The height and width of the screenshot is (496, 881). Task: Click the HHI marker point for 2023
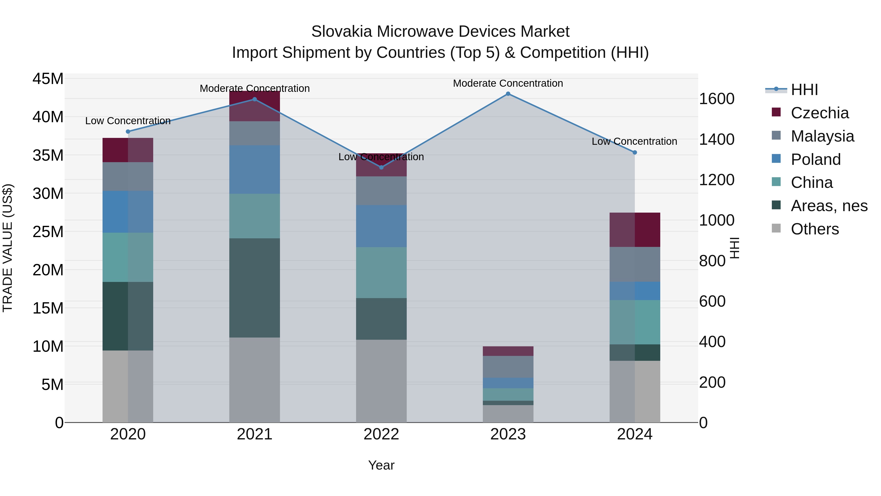click(508, 94)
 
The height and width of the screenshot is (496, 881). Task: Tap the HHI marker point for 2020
click(128, 132)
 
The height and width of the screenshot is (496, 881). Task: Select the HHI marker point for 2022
click(381, 167)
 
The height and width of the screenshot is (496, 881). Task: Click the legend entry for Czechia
click(819, 113)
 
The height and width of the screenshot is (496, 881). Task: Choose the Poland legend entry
click(815, 159)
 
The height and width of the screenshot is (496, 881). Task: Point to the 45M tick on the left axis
click(48, 79)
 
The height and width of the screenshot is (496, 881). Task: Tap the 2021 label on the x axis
click(255, 434)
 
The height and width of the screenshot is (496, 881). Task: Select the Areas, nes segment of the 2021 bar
click(255, 288)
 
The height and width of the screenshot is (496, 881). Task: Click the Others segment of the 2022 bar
click(381, 381)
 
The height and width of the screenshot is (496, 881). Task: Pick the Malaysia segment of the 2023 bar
click(508, 367)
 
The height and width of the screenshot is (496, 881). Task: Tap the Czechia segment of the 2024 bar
click(635, 230)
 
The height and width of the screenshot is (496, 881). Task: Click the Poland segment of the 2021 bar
click(255, 169)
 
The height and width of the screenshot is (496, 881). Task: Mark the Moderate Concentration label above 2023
click(508, 83)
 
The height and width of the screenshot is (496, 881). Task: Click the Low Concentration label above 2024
click(634, 141)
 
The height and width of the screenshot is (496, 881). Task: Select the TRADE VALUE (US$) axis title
click(8, 248)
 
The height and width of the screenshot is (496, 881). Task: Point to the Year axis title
click(381, 465)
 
